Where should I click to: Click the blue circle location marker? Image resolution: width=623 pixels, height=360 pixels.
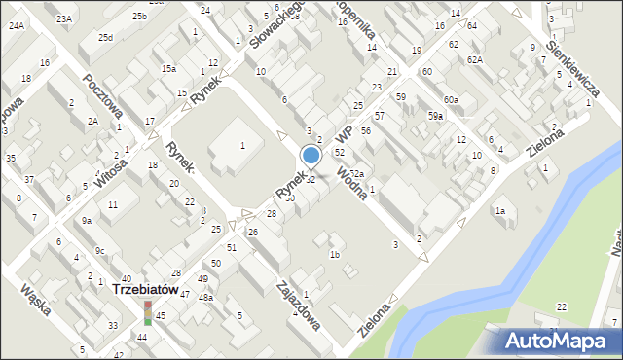[x=311, y=155]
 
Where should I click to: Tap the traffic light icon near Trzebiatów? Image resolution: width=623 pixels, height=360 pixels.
[x=148, y=311]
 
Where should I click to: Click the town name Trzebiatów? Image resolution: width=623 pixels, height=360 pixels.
[x=143, y=289]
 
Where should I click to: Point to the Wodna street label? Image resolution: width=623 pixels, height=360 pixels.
[x=351, y=181]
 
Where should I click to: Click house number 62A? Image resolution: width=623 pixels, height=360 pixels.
[x=474, y=59]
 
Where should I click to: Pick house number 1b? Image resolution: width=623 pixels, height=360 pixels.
[x=334, y=255]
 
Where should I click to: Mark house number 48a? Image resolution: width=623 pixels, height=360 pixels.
[x=205, y=297]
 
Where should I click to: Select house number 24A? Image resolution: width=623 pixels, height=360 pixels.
[x=17, y=25]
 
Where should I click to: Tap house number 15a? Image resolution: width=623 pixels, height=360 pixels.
[x=168, y=68]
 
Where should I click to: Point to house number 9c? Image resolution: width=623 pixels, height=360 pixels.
[x=99, y=250]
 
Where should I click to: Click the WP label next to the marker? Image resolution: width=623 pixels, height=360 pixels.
[x=343, y=132]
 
